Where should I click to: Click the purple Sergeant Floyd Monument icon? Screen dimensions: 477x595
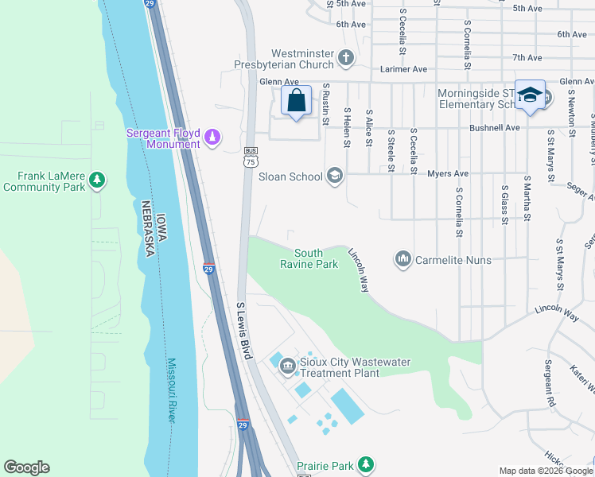(212, 138)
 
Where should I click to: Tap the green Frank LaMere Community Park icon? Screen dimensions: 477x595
(97, 180)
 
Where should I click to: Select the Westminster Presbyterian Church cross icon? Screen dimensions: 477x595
(345, 57)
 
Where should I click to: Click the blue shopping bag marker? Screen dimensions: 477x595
(296, 102)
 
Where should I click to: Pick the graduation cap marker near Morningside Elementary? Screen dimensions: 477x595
(529, 95)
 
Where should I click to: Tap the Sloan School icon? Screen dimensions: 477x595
(335, 176)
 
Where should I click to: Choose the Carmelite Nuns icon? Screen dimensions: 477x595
(403, 259)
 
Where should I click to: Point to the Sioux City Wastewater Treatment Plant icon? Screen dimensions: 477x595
(287, 366)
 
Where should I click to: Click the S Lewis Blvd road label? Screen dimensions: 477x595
(244, 330)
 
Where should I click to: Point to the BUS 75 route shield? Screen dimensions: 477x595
(250, 157)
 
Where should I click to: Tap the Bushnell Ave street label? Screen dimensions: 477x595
(496, 127)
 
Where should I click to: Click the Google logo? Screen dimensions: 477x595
(26, 467)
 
